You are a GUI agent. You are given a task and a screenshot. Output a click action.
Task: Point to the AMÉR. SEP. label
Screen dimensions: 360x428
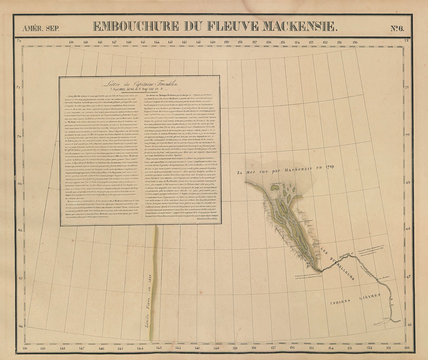(x=41, y=28)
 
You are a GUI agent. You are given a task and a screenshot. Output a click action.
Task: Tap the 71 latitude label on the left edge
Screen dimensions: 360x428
(x=18, y=87)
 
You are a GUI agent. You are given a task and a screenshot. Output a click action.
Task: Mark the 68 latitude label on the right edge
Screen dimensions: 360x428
(x=408, y=229)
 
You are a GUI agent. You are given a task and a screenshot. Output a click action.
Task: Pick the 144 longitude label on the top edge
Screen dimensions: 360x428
(x=157, y=42)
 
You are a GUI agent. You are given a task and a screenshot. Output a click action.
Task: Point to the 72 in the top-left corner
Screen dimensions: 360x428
(x=19, y=41)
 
